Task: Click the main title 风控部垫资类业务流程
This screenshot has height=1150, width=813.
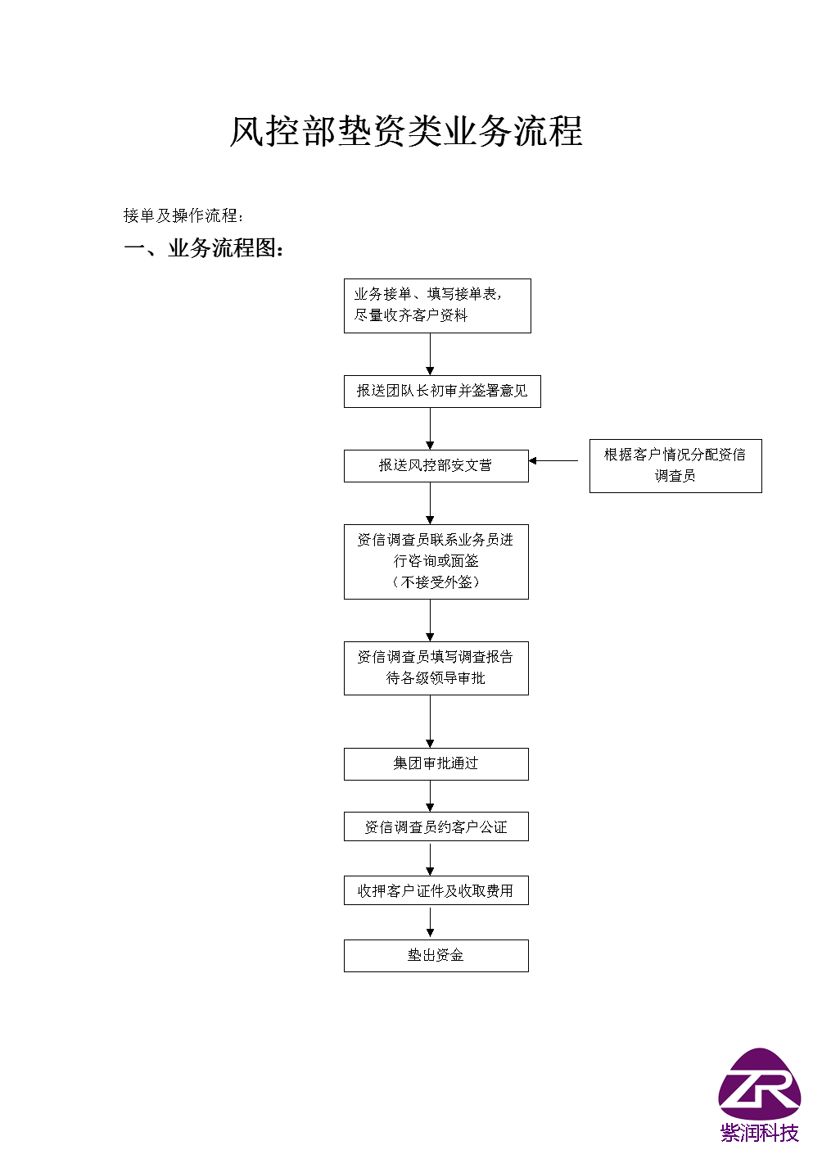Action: coord(406,131)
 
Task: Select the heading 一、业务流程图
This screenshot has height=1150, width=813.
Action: coord(203,248)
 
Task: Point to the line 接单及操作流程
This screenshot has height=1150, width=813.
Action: coord(183,215)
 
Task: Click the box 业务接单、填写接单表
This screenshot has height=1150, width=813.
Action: coord(437,306)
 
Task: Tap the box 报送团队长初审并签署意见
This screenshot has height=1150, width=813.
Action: coord(442,392)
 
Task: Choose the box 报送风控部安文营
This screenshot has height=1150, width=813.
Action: coord(436,466)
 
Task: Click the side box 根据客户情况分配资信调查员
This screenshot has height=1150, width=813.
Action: coord(675,466)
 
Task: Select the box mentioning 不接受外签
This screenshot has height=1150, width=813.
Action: coord(436,562)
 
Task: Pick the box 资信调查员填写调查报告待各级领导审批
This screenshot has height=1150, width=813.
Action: coord(436,668)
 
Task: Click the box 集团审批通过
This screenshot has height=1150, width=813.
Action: coord(436,764)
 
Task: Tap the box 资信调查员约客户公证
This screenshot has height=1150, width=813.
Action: coord(436,826)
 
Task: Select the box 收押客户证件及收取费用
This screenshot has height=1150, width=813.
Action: coord(436,890)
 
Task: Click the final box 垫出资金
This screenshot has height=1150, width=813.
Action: coord(436,956)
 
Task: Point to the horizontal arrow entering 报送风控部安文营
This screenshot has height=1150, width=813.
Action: coord(553,460)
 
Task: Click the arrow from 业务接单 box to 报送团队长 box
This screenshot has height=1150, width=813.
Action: coord(430,354)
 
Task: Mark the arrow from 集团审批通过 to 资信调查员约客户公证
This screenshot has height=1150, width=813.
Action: coord(430,796)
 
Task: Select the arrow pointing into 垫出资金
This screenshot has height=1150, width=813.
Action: coord(430,922)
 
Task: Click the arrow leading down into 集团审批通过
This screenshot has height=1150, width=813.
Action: coord(430,722)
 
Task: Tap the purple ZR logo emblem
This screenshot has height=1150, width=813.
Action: coord(760,1084)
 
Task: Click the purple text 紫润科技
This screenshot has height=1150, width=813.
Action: coord(760,1133)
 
